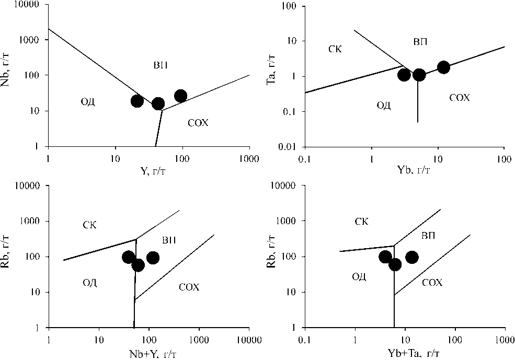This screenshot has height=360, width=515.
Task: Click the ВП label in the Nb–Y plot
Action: [160, 65]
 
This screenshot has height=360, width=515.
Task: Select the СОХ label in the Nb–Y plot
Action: [198, 123]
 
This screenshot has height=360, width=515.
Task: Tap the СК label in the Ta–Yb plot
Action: [335, 49]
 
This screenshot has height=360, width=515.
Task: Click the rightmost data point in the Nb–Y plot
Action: [180, 96]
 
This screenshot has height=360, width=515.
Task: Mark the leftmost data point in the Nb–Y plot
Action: [137, 101]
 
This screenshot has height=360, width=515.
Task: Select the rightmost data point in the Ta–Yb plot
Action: [443, 67]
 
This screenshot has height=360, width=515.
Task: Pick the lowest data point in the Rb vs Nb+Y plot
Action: [138, 265]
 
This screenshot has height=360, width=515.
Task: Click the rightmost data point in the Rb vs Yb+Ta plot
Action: [411, 257]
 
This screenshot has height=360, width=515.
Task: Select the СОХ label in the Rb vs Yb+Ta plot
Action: [432, 282]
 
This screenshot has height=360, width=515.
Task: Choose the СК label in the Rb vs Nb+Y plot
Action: [90, 225]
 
